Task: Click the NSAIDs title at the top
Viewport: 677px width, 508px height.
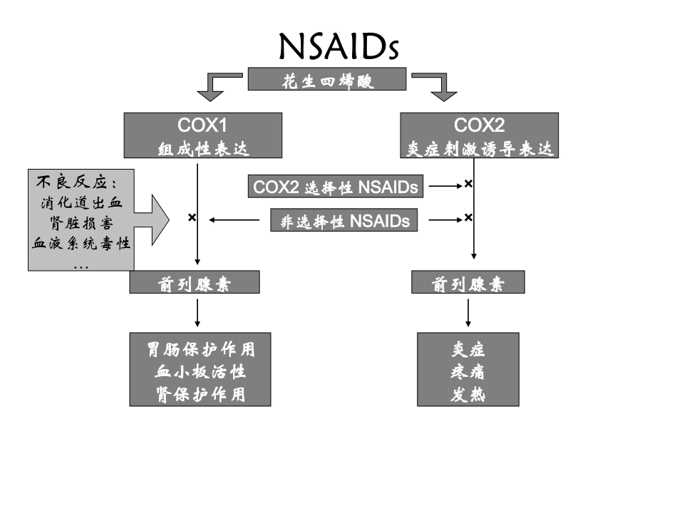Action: (x=338, y=46)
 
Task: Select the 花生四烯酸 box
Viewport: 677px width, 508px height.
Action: (x=327, y=79)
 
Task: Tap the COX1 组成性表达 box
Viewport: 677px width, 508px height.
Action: (x=202, y=135)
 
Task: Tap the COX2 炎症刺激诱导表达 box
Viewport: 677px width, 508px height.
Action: (x=479, y=135)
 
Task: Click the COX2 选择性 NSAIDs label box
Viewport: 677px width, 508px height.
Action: (x=336, y=187)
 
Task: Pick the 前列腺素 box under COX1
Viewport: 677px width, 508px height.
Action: (x=195, y=284)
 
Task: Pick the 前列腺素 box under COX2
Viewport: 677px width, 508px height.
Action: (x=468, y=284)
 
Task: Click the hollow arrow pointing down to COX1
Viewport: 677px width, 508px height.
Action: (x=212, y=85)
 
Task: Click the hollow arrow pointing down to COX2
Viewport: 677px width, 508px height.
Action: (x=439, y=85)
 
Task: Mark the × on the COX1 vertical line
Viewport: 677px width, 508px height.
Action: (x=192, y=217)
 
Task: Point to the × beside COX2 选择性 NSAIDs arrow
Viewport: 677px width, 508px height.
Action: (x=468, y=184)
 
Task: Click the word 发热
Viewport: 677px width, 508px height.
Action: (x=468, y=393)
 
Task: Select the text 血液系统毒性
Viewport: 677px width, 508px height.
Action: (x=81, y=244)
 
